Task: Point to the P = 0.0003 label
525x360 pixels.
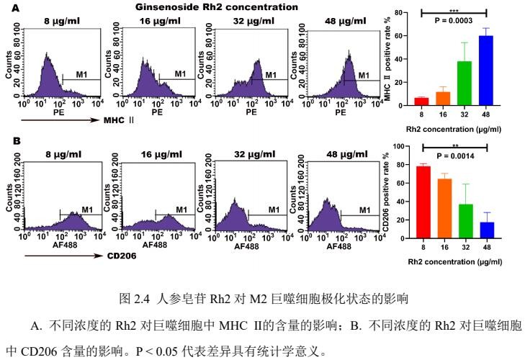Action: (x=454, y=21)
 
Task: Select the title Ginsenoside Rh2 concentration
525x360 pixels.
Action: (x=216, y=7)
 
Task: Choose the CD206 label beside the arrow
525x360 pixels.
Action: (x=120, y=254)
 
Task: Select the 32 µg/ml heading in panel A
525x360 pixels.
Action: (x=248, y=22)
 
